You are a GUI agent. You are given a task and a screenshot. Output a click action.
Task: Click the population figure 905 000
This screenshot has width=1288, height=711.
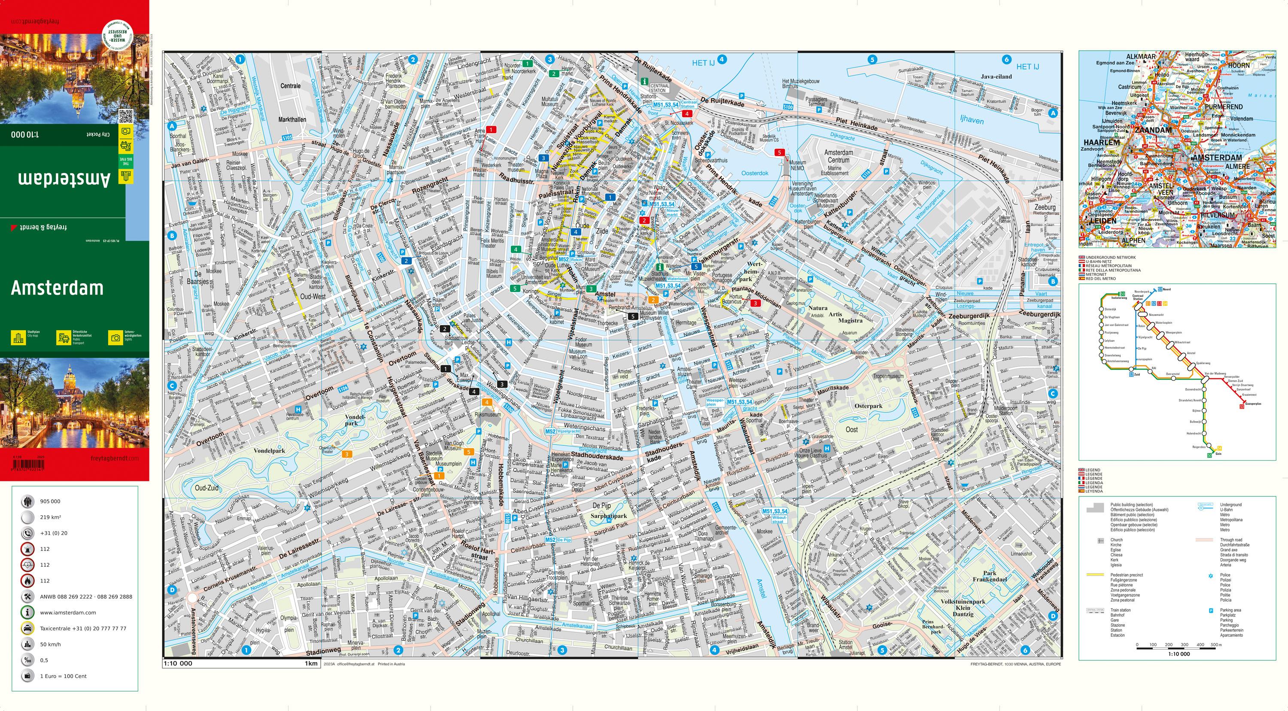(50, 501)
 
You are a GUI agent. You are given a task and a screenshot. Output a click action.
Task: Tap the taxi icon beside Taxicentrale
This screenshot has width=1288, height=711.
(27, 629)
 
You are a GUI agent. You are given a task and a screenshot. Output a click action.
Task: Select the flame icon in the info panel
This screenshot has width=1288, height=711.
(27, 580)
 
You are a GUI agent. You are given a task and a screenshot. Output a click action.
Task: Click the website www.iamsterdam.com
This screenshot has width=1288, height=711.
(68, 613)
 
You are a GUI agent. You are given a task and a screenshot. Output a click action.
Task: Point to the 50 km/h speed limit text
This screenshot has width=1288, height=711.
(50, 644)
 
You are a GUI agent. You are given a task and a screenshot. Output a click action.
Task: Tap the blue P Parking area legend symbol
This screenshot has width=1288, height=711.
(1210, 611)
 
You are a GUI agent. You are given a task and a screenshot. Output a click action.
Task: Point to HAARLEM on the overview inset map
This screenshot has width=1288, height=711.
(1101, 143)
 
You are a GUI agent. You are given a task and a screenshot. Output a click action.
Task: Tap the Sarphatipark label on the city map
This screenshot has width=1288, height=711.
(608, 516)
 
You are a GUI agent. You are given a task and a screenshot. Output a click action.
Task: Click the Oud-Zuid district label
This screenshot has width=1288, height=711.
(207, 488)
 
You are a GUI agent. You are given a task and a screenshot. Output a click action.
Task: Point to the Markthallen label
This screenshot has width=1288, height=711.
(292, 120)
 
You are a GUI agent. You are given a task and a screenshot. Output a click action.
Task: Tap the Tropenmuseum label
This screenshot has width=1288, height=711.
(888, 376)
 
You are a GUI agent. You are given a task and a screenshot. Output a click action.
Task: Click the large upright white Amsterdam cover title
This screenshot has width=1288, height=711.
(57, 288)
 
